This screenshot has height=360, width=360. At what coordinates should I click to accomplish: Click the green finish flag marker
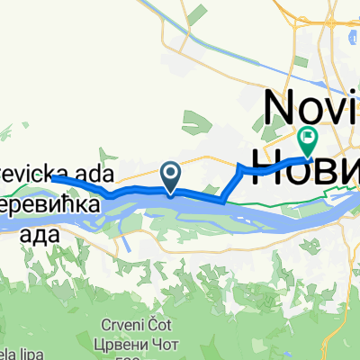point(309,139)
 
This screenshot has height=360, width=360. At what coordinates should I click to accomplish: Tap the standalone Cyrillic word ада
point(40,236)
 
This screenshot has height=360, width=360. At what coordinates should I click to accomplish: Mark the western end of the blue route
point(52,178)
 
